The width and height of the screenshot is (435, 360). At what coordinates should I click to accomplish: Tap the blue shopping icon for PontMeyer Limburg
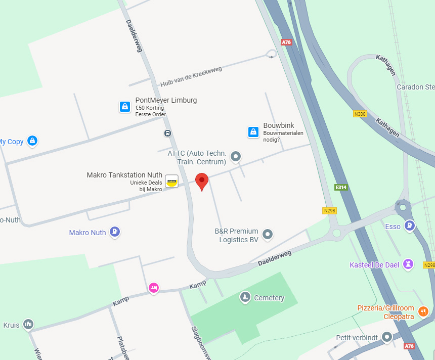pyautogui.click(x=125, y=107)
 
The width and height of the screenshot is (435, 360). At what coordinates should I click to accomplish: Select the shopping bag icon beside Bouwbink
pyautogui.click(x=253, y=132)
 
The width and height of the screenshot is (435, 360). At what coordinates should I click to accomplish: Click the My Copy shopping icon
pyautogui.click(x=32, y=141)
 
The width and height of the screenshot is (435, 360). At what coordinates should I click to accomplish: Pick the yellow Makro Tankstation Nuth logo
pyautogui.click(x=171, y=181)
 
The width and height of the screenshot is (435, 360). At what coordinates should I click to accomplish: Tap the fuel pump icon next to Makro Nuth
pyautogui.click(x=115, y=232)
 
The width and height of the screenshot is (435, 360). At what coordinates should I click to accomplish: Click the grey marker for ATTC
pyautogui.click(x=235, y=157)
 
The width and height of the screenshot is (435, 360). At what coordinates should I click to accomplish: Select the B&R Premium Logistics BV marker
pyautogui.click(x=268, y=234)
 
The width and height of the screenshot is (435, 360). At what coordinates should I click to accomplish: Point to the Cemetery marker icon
pyautogui.click(x=245, y=297)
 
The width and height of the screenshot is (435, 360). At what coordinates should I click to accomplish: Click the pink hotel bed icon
pyautogui.click(x=154, y=288)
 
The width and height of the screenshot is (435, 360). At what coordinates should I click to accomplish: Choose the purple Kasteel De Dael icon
pyautogui.click(x=408, y=264)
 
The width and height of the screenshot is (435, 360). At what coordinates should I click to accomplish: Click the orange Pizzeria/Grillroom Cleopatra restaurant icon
pyautogui.click(x=423, y=311)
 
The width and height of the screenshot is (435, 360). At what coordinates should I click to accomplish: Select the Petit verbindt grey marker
pyautogui.click(x=387, y=337)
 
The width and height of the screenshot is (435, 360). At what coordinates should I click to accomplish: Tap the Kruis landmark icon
pyautogui.click(x=28, y=324)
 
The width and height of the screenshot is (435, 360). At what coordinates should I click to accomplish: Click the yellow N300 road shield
pyautogui.click(x=360, y=114)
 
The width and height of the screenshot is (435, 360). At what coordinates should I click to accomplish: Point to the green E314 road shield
pyautogui.click(x=341, y=187)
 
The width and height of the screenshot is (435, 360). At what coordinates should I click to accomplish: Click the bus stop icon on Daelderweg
pyautogui.click(x=167, y=133)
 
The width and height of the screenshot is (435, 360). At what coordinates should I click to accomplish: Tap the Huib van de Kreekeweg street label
pyautogui.click(x=191, y=76)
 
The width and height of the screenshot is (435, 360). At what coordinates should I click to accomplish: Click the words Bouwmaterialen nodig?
pyautogui.click(x=283, y=136)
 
